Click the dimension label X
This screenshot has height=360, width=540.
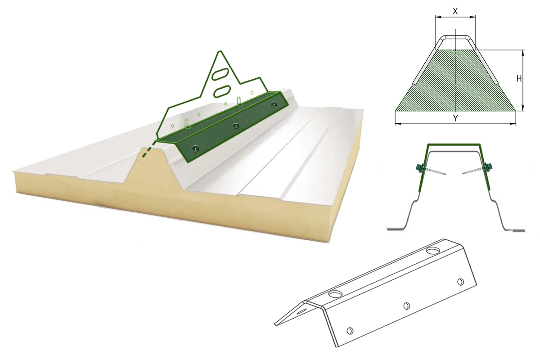pos(455,11)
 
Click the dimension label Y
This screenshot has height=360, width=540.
pos(455,118)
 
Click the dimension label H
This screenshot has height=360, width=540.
pos(519,79)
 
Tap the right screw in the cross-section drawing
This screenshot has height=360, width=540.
pos(477,169)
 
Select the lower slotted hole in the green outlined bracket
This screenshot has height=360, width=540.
pos(222,91)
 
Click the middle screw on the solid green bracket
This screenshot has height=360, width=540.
pos(236,126)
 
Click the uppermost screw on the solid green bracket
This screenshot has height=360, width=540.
pos(274,104)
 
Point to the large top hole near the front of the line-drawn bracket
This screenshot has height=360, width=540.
pos(336,294)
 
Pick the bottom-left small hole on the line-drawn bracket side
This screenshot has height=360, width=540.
pos(350,331)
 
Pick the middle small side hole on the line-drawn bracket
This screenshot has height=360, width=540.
pos(407,306)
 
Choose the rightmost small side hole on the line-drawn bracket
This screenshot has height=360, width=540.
pos(460,282)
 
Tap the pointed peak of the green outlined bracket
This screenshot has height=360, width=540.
pos(220,51)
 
